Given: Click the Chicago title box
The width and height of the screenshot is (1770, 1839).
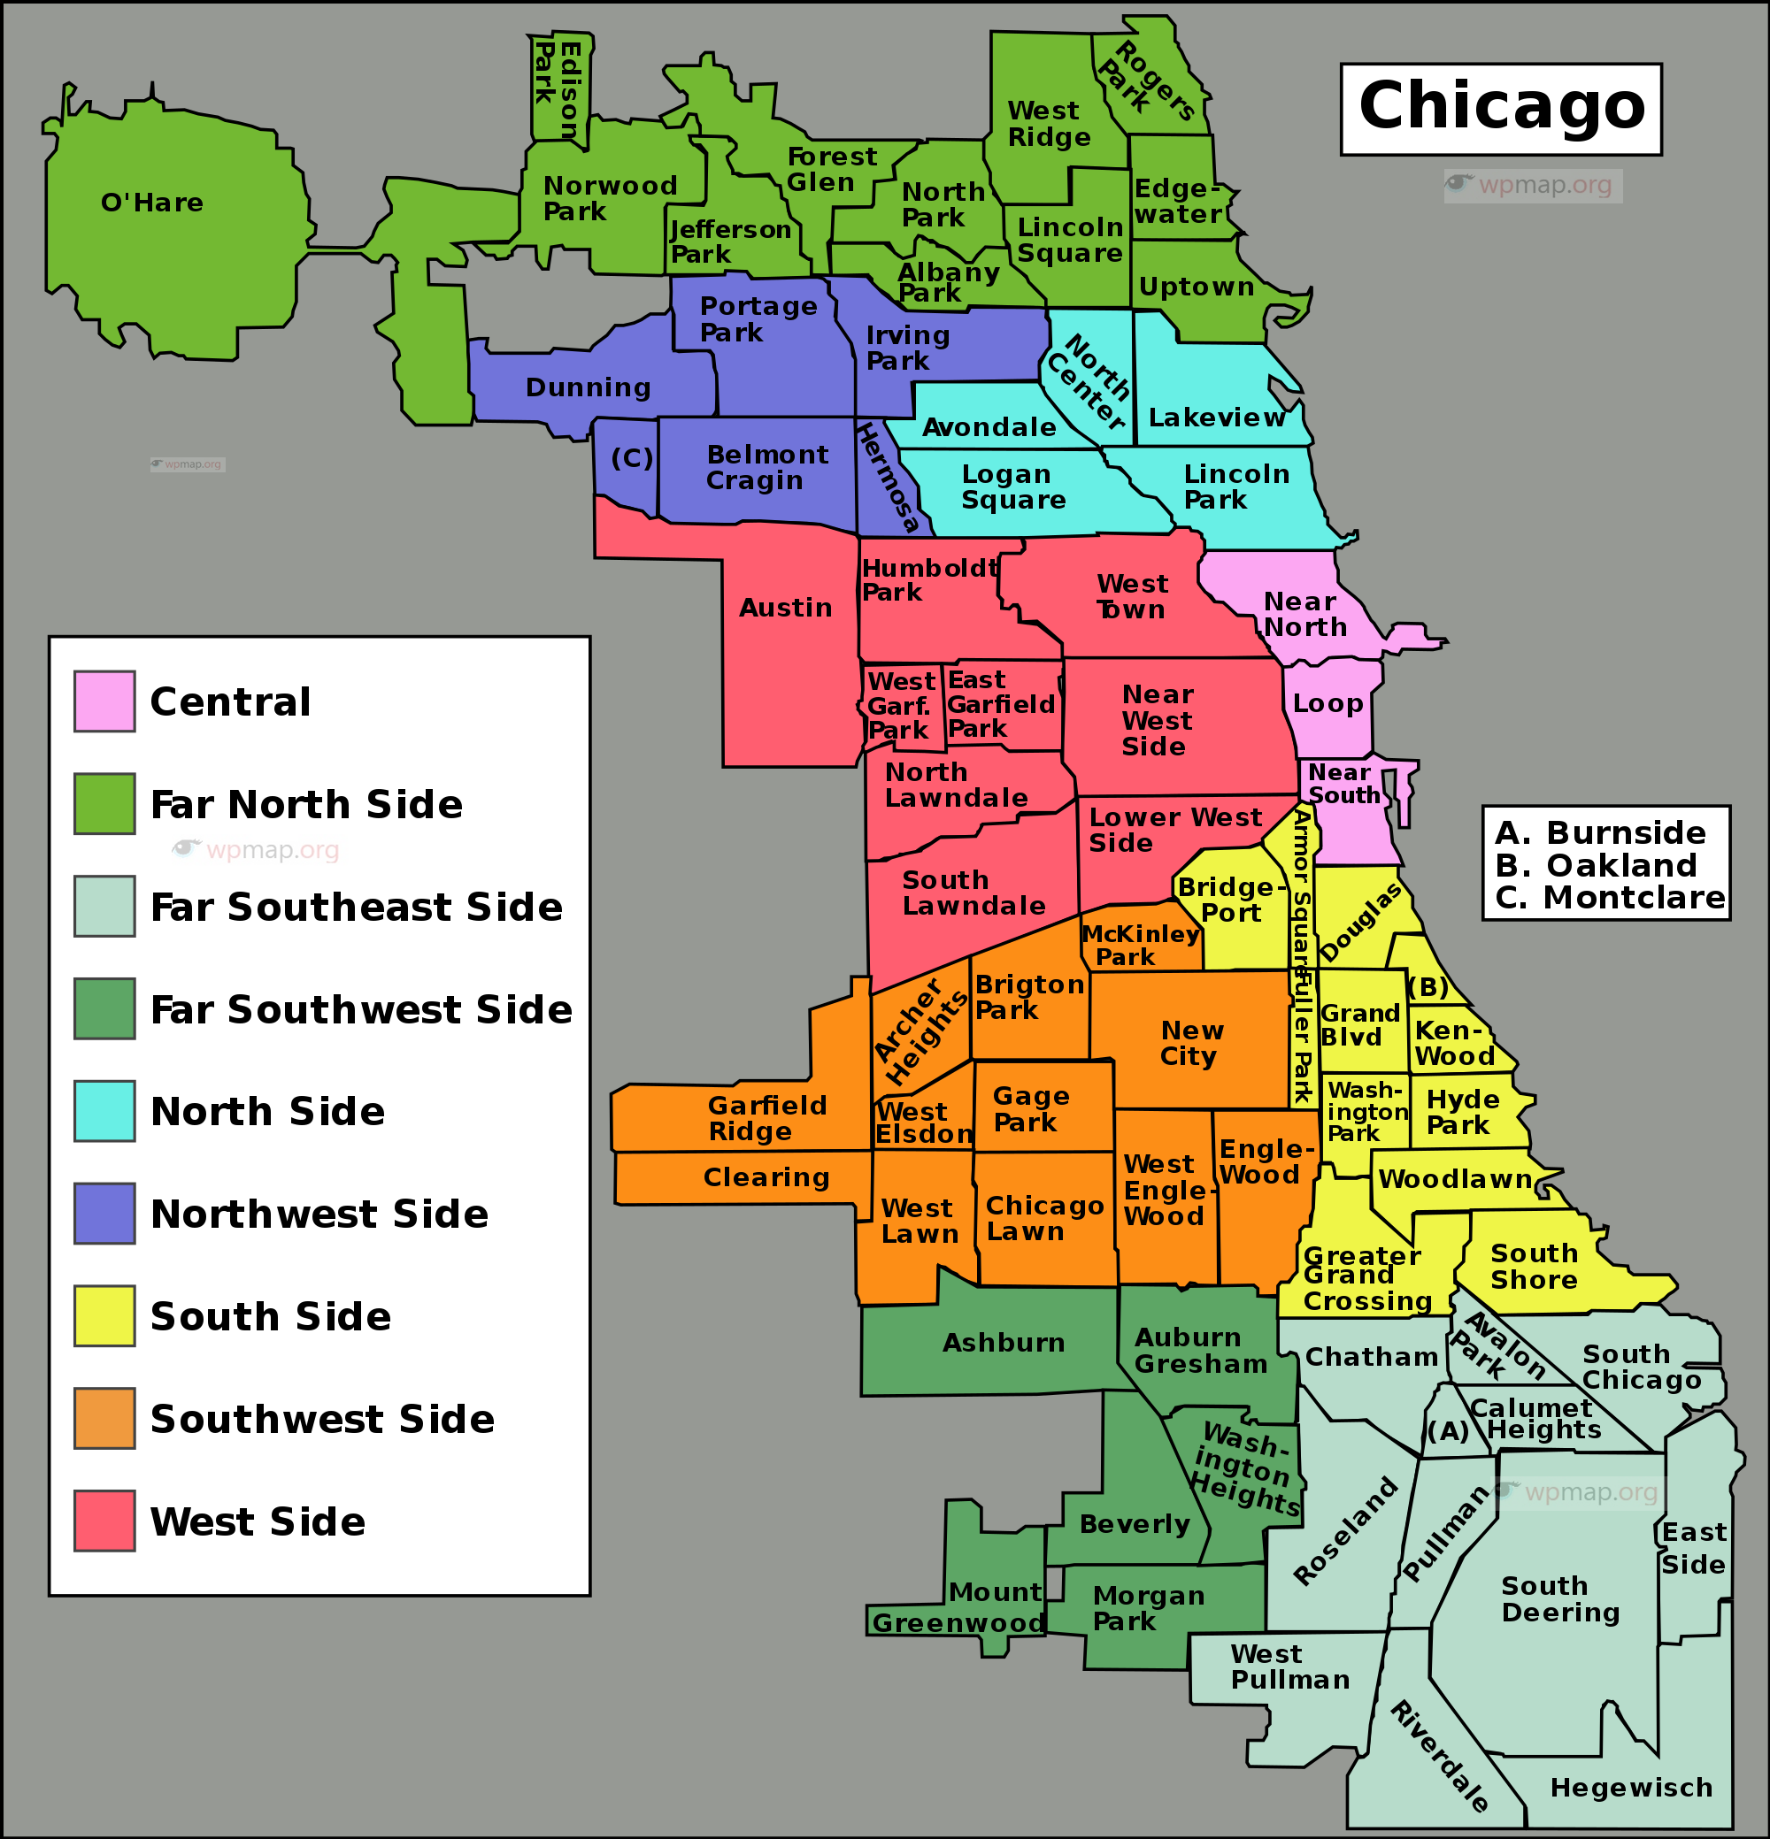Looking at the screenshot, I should [1501, 109].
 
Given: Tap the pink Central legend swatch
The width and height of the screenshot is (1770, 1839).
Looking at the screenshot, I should [104, 701].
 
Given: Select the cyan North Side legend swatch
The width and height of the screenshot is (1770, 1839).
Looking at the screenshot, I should [104, 1111].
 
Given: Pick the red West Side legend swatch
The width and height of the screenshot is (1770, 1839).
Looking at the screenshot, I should [104, 1520].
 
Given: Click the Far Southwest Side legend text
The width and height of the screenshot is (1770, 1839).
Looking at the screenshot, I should [361, 1009].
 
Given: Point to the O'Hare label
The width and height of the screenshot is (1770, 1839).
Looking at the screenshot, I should [152, 203].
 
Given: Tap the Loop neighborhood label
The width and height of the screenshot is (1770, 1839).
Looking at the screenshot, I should [1327, 704].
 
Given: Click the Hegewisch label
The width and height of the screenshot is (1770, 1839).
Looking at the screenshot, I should [1631, 1788].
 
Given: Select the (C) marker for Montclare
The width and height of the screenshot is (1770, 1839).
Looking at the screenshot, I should [632, 459].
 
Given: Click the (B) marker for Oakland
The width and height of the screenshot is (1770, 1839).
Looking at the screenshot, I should [1428, 987].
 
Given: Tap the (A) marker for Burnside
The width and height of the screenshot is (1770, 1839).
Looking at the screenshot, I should [1447, 1432].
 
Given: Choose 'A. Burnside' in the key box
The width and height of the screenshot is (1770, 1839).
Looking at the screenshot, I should [1599, 832].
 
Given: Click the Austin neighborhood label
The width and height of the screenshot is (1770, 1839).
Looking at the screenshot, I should [786, 608].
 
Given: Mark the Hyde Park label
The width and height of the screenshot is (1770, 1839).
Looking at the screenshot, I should [1462, 1112].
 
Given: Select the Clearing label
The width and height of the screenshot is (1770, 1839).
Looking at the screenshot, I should [766, 1177].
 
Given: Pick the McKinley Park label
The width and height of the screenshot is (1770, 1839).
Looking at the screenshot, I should [1140, 945].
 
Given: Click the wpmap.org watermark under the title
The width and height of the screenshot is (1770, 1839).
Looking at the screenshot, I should [1533, 185].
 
